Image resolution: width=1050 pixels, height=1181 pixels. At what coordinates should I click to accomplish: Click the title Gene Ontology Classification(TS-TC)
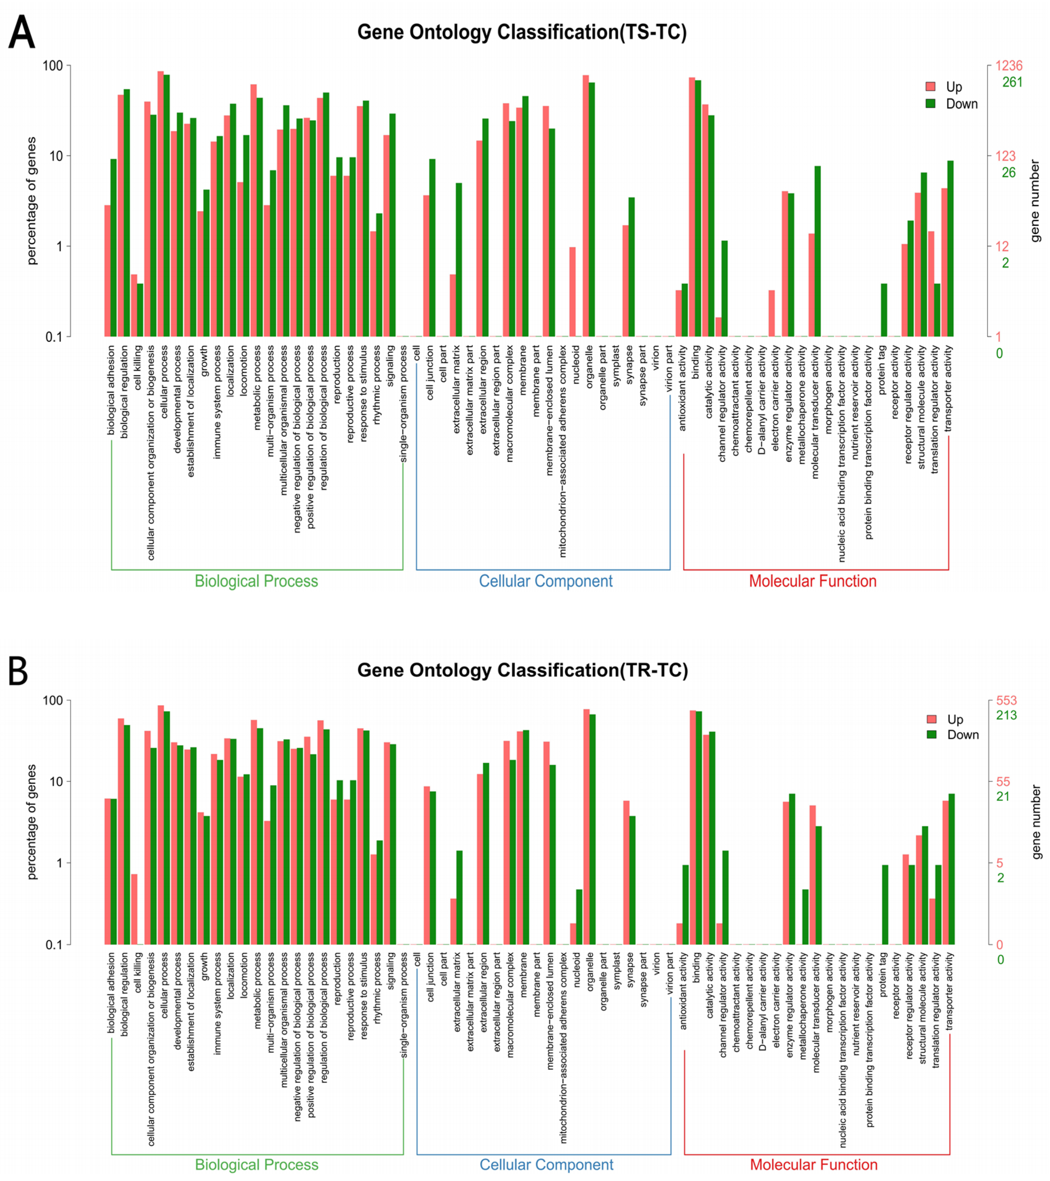[522, 32]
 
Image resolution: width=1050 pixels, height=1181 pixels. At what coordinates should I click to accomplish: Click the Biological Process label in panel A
[256, 581]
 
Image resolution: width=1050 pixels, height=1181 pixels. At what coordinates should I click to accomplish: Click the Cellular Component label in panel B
[546, 1164]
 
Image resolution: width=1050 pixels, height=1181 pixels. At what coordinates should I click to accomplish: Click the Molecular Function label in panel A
[813, 581]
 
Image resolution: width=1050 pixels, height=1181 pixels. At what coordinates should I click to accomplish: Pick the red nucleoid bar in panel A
[572, 292]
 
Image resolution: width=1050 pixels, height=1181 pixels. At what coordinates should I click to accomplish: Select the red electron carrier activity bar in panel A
[771, 313]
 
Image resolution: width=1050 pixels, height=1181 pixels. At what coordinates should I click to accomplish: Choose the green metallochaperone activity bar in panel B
[805, 917]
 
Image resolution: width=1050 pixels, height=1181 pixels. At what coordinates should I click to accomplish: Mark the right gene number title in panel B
[1036, 821]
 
